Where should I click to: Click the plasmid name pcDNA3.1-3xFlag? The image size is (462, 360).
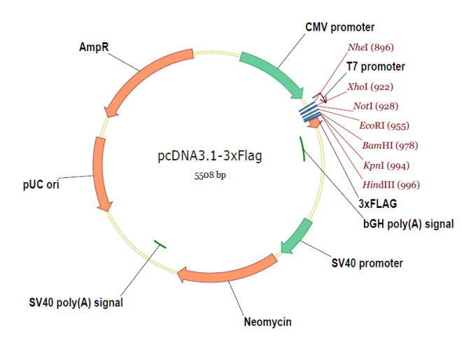click(210, 156)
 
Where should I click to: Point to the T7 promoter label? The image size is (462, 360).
click(376, 67)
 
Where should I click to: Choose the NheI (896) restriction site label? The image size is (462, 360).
click(370, 48)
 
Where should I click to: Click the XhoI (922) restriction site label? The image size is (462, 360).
click(370, 87)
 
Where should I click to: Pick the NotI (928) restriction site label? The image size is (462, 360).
click(373, 106)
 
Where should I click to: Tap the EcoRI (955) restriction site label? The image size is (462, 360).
click(384, 126)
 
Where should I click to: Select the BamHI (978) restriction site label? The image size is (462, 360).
click(386, 146)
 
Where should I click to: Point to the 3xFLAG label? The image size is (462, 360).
click(377, 205)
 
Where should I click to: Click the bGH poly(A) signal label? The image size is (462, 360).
click(408, 224)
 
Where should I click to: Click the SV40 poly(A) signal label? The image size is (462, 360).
click(76, 303)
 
